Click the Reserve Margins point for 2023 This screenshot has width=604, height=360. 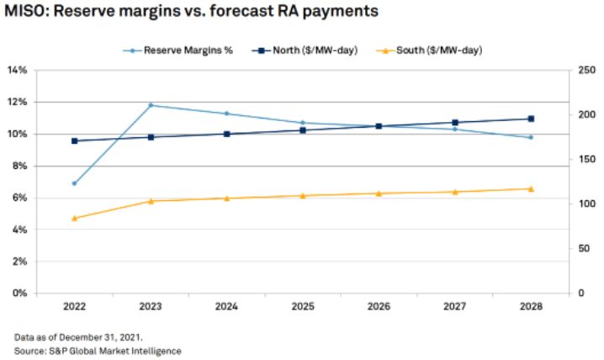click(x=151, y=105)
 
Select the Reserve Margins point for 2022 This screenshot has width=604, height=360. click(x=75, y=183)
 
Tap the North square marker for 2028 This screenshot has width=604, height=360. click(x=531, y=119)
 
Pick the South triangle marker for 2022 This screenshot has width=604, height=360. click(x=75, y=218)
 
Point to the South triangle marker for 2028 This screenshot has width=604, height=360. click(x=531, y=188)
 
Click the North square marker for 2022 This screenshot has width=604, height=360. click(x=75, y=140)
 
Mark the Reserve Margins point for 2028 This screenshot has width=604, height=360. click(x=531, y=137)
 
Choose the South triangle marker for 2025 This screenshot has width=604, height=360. click(x=303, y=195)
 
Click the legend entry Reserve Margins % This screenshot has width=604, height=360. click(x=182, y=50)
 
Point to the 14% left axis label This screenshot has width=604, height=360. click(x=19, y=70)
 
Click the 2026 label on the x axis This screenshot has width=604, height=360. click(x=379, y=308)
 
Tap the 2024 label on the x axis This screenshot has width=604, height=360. click(x=226, y=308)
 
